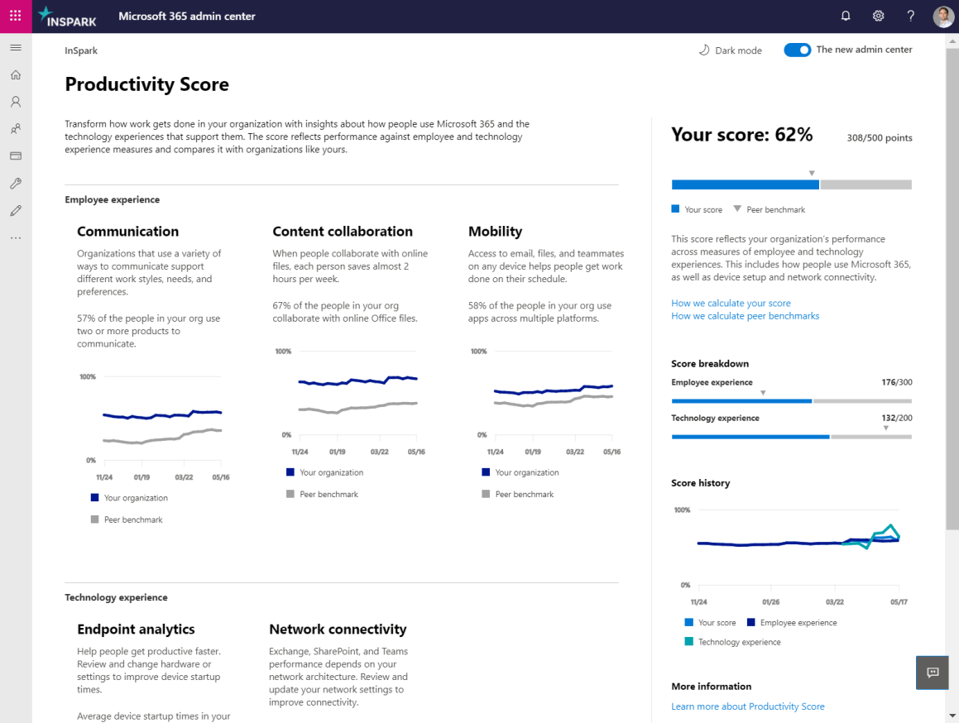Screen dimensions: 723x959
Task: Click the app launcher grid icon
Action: point(16,16)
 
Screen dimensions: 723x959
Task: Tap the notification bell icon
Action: point(846,16)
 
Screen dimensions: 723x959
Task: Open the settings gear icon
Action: point(878,16)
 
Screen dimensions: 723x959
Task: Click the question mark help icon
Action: point(910,16)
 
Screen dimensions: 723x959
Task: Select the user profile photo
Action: point(943,17)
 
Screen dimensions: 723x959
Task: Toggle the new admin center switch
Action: point(798,50)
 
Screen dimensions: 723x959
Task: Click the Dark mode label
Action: point(738,50)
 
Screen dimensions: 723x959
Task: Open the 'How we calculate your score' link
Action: point(731,304)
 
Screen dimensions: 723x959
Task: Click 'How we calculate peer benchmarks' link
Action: point(745,316)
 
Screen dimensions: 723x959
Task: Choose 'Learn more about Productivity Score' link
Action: point(748,706)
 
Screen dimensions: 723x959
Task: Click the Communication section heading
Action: point(127,232)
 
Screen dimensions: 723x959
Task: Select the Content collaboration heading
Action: point(343,232)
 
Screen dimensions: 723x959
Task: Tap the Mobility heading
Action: point(495,232)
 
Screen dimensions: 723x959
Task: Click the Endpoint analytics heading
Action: point(136,630)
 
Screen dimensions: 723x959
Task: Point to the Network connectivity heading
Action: point(338,630)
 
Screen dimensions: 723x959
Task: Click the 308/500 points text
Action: point(879,138)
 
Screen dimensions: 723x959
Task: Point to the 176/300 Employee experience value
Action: point(896,382)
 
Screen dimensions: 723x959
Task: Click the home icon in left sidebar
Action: point(16,75)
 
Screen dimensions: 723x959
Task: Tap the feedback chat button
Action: point(933,673)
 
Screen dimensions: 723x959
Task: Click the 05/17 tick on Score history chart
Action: point(899,602)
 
